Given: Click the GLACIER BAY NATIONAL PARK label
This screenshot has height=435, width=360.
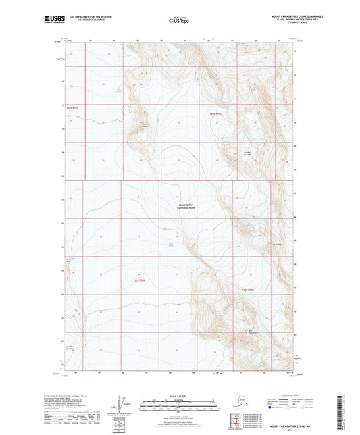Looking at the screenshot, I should click(x=182, y=209).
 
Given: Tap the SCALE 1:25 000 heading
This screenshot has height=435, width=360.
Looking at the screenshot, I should click(x=179, y=394).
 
